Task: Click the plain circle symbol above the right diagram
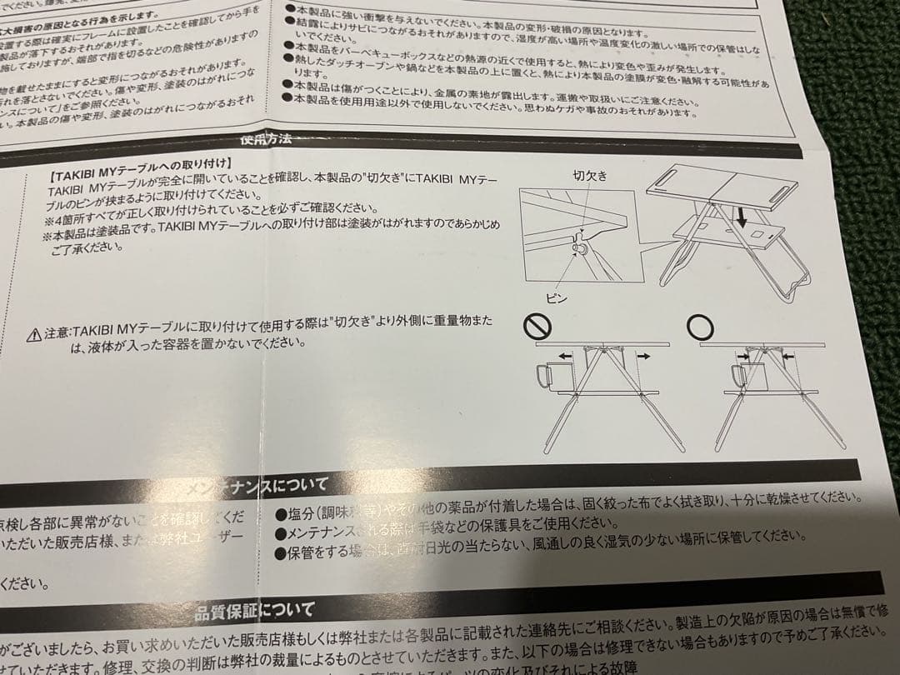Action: coord(697,327)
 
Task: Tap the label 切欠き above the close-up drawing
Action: coord(590,176)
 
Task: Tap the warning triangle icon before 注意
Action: coord(33,335)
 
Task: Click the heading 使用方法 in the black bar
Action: coord(265,140)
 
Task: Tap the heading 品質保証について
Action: coord(254,611)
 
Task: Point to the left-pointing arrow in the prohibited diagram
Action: coord(566,356)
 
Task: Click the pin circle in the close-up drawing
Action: coord(577,249)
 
